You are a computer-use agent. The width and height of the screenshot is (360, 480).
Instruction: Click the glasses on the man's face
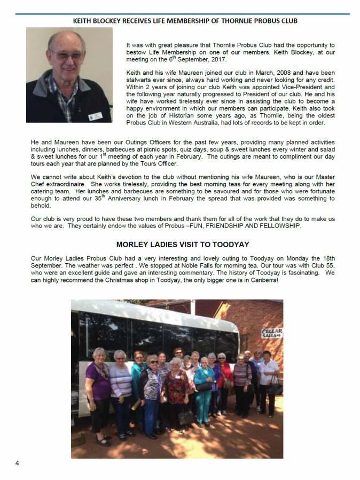(x=66, y=54)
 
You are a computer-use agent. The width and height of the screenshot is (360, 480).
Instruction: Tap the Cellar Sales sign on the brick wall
(x=271, y=333)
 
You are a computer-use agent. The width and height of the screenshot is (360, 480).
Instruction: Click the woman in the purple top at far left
(x=99, y=384)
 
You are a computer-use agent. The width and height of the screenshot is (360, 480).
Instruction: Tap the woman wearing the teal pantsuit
(x=204, y=390)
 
